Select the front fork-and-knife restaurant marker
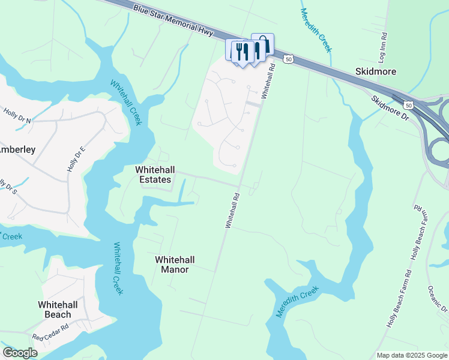(x=243, y=52)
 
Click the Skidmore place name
(x=375, y=71)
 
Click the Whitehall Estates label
(x=153, y=175)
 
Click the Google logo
(x=20, y=353)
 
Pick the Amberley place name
(x=17, y=149)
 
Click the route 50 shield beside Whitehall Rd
(x=289, y=59)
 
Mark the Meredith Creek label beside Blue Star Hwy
(x=316, y=30)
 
